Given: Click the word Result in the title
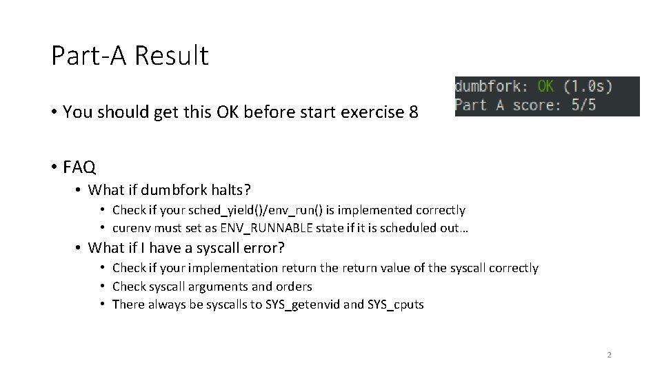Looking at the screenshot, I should pos(171,56).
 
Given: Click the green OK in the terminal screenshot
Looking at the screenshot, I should pos(545,87).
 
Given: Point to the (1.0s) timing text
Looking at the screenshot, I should pos(588,87).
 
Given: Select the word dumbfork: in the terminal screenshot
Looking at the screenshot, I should pos(492,87).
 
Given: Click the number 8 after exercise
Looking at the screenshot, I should pos(412,112).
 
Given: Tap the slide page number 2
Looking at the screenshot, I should pos(609,355).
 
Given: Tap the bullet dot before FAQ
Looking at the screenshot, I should pos(54,167).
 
